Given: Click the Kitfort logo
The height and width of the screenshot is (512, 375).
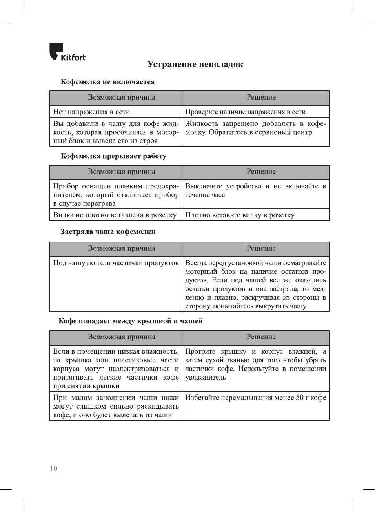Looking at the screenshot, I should [67, 52].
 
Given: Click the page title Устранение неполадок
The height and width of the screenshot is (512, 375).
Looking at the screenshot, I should [195, 64].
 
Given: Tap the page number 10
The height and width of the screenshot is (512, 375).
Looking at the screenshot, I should [53, 469].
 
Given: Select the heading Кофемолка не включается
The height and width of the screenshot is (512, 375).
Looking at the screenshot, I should [107, 82].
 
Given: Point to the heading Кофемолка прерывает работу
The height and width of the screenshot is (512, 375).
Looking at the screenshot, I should [113, 156].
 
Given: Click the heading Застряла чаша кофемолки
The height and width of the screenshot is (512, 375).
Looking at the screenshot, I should [108, 232].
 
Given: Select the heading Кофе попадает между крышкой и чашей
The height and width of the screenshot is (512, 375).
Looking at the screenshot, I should [131, 321].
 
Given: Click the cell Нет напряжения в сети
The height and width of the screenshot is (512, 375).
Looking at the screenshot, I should [91, 112].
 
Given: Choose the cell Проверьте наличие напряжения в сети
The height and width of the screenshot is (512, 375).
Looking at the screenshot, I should [245, 112].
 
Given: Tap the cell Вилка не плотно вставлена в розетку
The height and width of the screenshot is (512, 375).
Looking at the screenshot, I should [115, 215].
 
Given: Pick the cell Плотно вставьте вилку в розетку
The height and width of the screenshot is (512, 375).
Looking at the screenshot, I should [240, 215].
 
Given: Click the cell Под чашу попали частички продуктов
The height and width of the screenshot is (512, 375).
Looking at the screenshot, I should [116, 263].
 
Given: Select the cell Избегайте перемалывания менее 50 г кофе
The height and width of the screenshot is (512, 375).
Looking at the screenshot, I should [255, 398].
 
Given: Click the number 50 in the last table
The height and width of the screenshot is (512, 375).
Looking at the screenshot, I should [300, 398].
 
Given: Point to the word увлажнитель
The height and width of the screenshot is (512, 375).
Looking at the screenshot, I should [206, 377].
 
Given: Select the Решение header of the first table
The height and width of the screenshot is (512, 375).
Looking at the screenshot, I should [261, 98].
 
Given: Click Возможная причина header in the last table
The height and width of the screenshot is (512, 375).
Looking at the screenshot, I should [121, 337].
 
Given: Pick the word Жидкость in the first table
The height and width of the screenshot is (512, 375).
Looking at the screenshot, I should [202, 124].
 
